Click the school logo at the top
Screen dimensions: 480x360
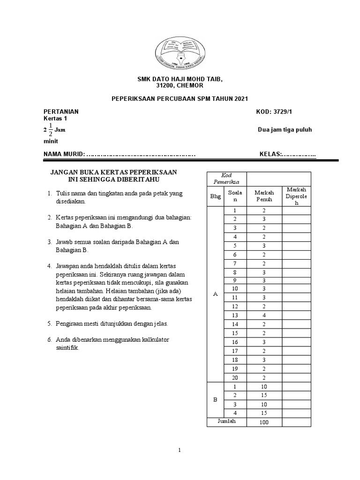point(180,51)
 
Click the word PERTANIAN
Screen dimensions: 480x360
point(61,112)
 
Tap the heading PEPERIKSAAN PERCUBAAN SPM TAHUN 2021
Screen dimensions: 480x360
point(180,98)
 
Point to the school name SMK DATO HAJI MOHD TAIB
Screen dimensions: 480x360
point(180,80)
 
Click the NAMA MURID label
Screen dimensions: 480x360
point(64,154)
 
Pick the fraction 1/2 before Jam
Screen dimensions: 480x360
point(50,130)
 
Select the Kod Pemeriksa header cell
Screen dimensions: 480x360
point(226,178)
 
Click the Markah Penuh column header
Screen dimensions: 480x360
point(264,196)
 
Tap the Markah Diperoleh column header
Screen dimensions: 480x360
point(296,196)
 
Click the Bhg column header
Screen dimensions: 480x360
point(215,196)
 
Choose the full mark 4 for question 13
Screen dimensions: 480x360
point(264,315)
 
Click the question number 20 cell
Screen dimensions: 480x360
point(235,378)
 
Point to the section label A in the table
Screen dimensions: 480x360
point(215,294)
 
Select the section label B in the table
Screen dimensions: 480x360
point(215,400)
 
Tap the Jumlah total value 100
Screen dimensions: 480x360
point(264,422)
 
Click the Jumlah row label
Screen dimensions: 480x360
point(226,421)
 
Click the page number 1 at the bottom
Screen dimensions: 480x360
point(180,450)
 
